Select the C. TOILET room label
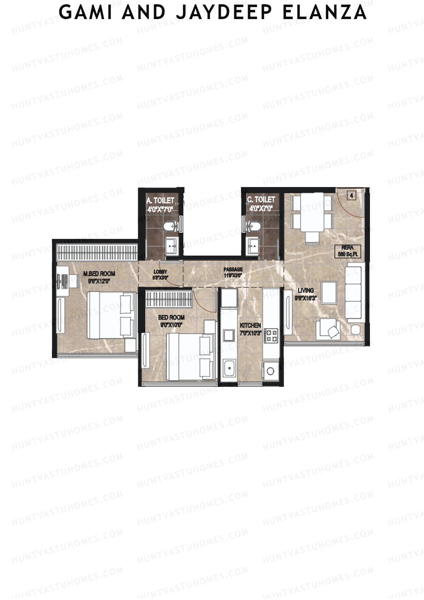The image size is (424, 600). (x=261, y=204)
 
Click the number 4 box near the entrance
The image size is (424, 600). (x=352, y=195)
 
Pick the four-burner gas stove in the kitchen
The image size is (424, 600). (x=271, y=336)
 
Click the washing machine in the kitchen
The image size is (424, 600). (x=270, y=371)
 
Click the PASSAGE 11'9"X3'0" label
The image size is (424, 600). (x=233, y=272)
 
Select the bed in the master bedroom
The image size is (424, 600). (x=112, y=315)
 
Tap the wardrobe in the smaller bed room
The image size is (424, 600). (x=169, y=299)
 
